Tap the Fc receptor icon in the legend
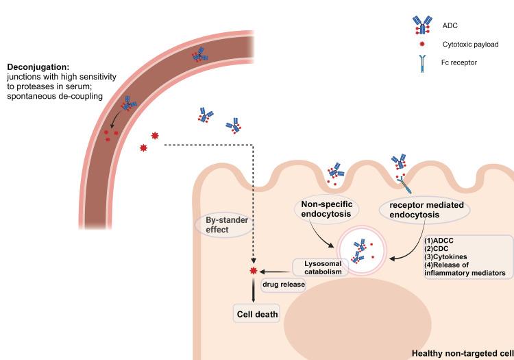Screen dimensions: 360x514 [x=416, y=63]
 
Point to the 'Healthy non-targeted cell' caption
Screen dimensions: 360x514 [x=461, y=354]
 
